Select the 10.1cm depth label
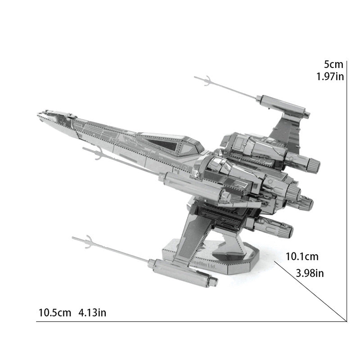point(302,257)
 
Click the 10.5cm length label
point(55,312)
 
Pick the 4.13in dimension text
point(92,312)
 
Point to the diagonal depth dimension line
point(310,290)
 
